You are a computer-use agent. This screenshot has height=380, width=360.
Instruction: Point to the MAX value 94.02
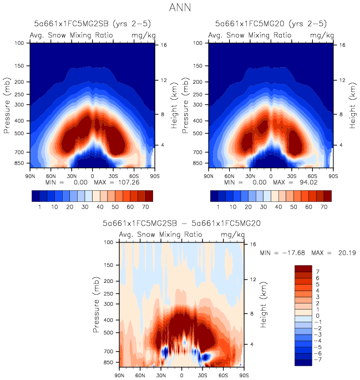point(315,183)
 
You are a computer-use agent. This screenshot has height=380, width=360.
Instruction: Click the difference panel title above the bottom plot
point(182,223)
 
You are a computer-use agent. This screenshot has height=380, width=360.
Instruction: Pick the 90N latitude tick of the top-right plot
point(209,175)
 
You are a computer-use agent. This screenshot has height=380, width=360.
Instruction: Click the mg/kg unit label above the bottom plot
point(230,235)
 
